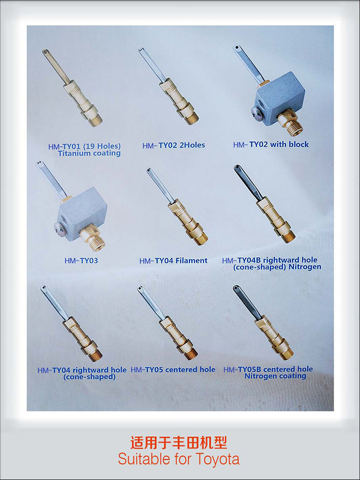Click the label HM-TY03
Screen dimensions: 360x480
click(81, 260)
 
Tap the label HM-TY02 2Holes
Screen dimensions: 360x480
click(173, 145)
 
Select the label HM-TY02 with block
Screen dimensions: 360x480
click(271, 145)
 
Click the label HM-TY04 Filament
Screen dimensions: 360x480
click(173, 261)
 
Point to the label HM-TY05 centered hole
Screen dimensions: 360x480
click(173, 370)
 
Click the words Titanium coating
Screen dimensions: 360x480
click(89, 153)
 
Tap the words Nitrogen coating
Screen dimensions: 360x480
click(275, 376)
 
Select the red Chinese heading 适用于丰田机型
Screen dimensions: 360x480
click(179, 443)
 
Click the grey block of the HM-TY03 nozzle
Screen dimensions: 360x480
click(82, 214)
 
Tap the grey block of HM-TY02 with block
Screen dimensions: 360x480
click(280, 99)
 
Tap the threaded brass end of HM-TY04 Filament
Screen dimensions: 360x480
click(201, 238)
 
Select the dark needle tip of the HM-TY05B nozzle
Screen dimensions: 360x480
click(237, 289)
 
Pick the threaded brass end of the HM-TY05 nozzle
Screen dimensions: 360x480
click(191, 354)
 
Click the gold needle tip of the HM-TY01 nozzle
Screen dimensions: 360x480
click(45, 52)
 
